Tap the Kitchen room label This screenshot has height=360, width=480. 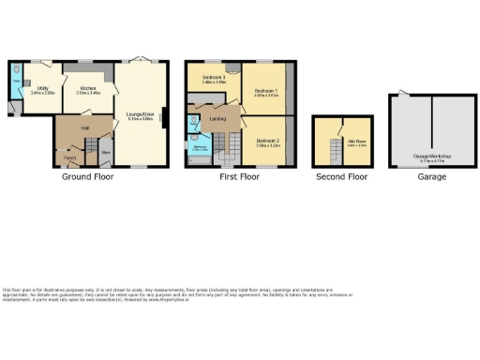(89, 90)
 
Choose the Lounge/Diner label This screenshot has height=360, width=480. (141, 117)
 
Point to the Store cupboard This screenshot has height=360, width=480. (107, 150)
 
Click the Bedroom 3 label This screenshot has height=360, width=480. (215, 79)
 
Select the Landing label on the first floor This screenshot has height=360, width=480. (217, 118)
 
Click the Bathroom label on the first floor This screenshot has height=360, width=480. (200, 147)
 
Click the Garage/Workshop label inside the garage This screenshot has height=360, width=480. (432, 157)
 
